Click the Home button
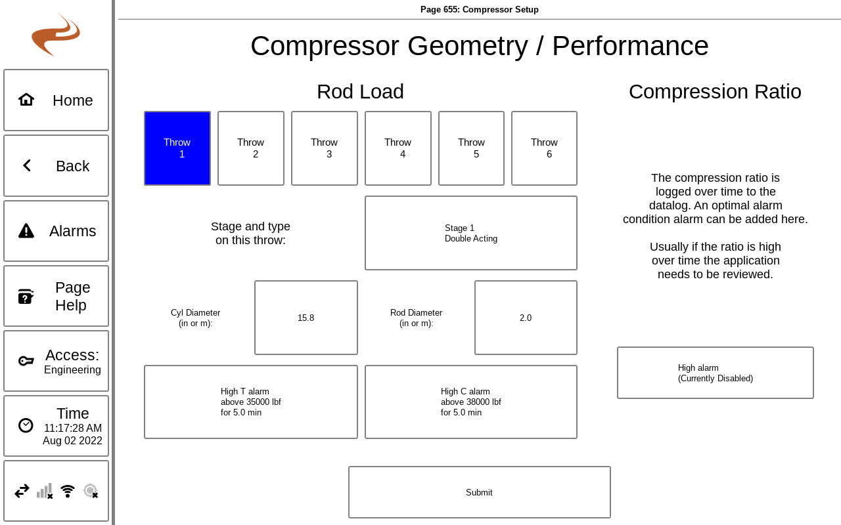point(57,100)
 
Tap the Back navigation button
point(57,165)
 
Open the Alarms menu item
point(57,231)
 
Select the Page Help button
point(57,296)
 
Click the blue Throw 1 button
point(177,148)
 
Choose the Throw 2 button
point(251,148)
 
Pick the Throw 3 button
point(325,148)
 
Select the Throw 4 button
point(398,148)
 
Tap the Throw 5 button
point(471,148)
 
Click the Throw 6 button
point(544,148)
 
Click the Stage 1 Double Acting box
point(471,233)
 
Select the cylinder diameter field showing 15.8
point(306,318)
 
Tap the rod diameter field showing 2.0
point(526,318)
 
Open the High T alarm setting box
point(251,402)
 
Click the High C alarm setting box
point(471,402)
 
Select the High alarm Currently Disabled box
point(716,373)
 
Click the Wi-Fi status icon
point(68,491)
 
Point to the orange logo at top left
point(57,34)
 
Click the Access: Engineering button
point(57,362)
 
